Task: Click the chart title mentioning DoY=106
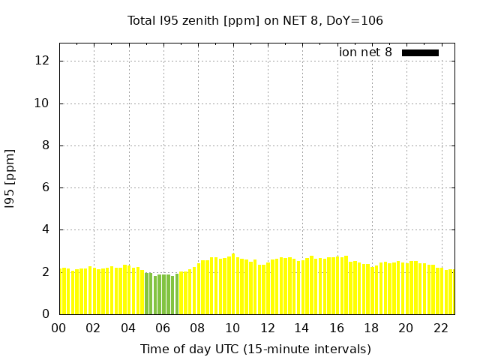255,21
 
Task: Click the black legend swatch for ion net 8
420,52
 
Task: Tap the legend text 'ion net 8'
365,52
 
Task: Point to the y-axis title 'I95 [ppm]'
10,178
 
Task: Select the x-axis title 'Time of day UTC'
255,349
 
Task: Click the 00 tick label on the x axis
58,328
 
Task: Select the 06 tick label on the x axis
163,328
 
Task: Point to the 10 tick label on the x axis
232,328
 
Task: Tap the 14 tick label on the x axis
301,328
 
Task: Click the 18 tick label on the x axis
371,328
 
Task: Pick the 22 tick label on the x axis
440,328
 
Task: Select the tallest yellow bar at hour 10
233,284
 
